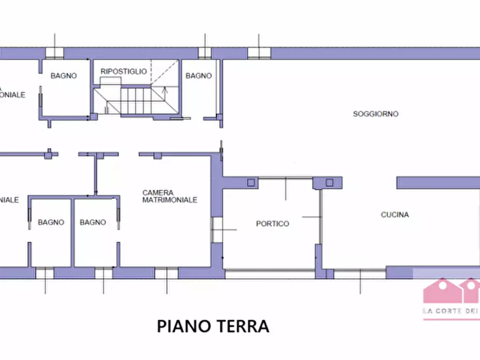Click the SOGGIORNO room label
click(375, 114)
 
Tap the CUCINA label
click(395, 214)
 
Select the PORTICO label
click(272, 224)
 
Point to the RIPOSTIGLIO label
click(123, 71)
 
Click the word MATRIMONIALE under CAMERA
click(169, 200)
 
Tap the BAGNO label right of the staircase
click(198, 76)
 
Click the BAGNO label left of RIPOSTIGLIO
click(63, 76)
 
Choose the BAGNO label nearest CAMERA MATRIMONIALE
click(92, 222)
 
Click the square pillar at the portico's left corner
click(251, 183)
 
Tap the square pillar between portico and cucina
click(329, 182)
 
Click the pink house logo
click(450, 292)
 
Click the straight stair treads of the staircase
click(132, 100)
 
